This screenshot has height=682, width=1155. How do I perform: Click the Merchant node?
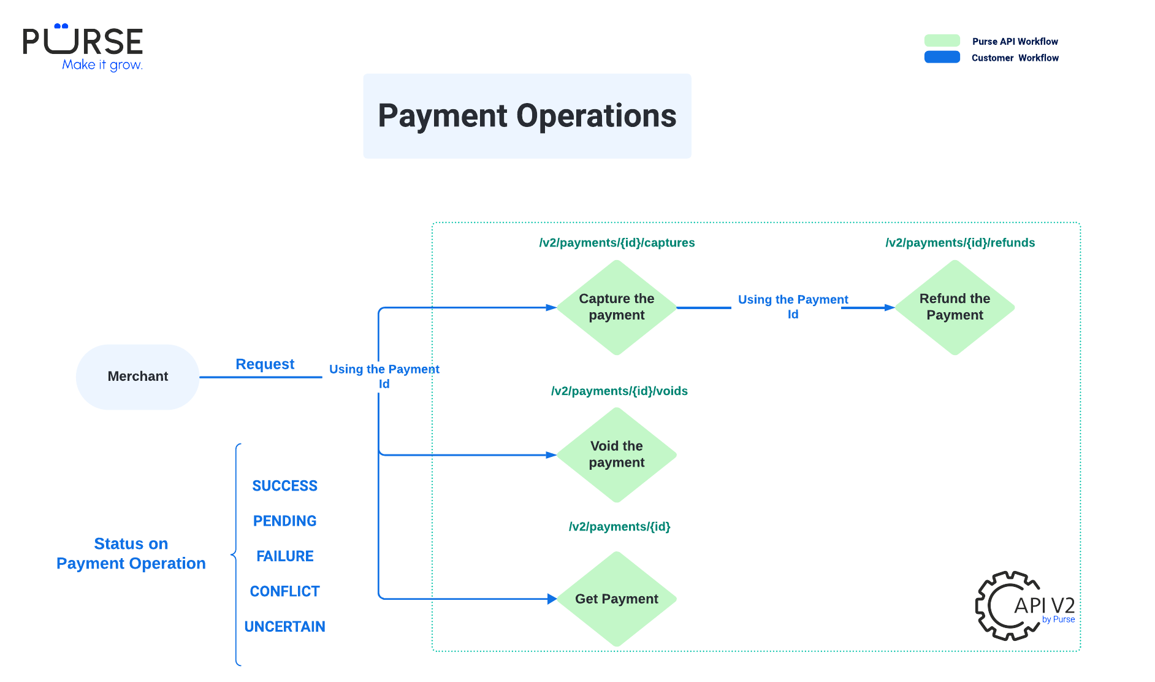(137, 377)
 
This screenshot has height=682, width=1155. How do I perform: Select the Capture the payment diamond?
(616, 307)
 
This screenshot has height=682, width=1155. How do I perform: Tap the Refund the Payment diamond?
(955, 307)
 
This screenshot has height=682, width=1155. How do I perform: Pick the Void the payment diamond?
(616, 454)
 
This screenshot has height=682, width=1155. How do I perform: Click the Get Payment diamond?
(616, 599)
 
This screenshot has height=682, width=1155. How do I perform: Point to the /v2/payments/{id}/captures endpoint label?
(617, 243)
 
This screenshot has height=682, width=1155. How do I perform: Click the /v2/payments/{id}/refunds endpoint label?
(960, 243)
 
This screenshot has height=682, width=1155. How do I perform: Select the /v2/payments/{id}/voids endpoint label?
(619, 391)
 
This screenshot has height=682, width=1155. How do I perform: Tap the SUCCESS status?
(284, 486)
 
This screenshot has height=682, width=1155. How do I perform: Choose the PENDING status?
(284, 521)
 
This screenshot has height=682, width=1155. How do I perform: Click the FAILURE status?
(284, 556)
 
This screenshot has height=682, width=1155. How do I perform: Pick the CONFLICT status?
(284, 591)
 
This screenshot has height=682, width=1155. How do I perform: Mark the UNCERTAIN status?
(284, 626)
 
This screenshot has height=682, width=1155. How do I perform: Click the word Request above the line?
(265, 364)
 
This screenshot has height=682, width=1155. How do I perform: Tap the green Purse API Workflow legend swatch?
(942, 40)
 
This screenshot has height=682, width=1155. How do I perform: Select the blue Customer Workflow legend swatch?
(942, 57)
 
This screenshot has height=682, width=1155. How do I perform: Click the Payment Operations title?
(527, 116)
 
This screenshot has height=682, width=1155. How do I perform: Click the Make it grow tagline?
(102, 65)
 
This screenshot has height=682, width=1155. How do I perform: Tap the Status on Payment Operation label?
(131, 553)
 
